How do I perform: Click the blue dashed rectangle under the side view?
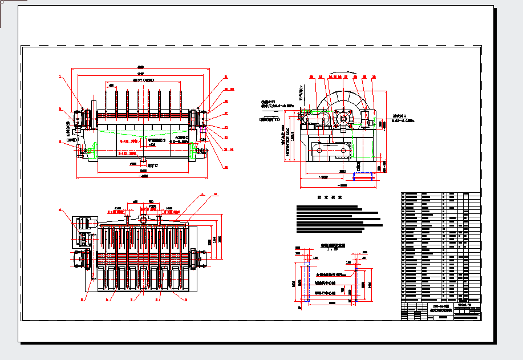[x=363, y=176]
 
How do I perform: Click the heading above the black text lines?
[x=329, y=198]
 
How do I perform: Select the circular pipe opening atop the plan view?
[x=143, y=219]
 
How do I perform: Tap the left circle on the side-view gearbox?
[x=320, y=150]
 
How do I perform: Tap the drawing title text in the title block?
[x=439, y=308]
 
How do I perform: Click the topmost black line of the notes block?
[x=327, y=207]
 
